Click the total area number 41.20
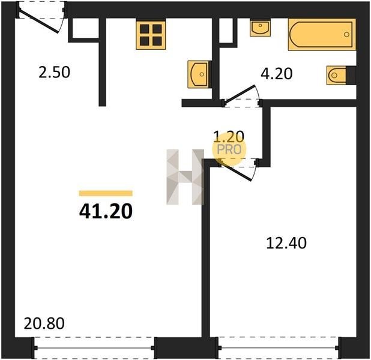coord(106,211)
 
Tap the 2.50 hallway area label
coord(54,72)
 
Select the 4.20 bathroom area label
coord(277,74)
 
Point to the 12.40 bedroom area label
coord(286,243)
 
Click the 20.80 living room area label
coord(44,323)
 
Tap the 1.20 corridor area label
coord(229,136)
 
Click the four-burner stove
coord(151,35)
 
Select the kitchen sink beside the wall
coord(199,74)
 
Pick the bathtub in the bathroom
coord(322,35)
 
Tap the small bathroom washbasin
coord(261,28)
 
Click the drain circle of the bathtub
coord(346,35)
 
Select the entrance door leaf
coord(39,21)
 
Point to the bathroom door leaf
coord(239,94)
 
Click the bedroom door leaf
coord(235,171)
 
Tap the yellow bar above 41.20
coord(106,193)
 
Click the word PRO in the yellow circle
coord(229,149)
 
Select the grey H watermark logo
coord(185,177)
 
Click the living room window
coord(95,348)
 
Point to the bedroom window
coord(279,348)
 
